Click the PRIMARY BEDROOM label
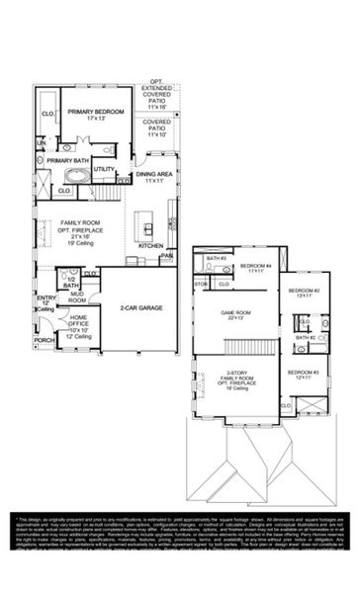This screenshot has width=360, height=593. [96, 112]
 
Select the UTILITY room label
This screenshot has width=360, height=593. [104, 169]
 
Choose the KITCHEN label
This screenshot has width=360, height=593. [150, 245]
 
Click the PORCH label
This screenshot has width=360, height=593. [45, 340]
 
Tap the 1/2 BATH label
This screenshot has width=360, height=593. [70, 281]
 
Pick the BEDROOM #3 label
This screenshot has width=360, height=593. [302, 372]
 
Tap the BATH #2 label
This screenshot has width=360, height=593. [305, 338]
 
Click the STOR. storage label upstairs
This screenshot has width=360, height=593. [200, 284]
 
